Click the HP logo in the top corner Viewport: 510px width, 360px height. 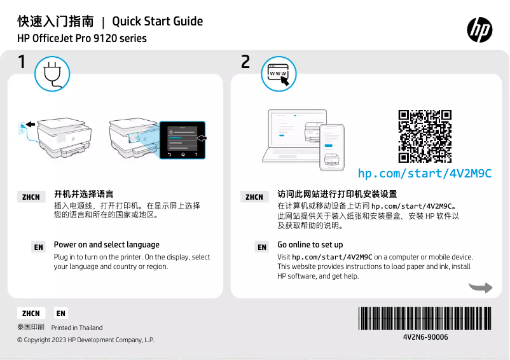(x=479, y=29)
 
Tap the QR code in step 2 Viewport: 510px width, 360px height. (x=425, y=137)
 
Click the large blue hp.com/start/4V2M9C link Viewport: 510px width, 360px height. (x=425, y=174)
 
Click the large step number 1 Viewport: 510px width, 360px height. (x=22, y=62)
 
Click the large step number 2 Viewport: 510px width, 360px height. (x=245, y=62)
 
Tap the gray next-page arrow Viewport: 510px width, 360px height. (x=480, y=287)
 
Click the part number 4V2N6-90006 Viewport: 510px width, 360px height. (x=425, y=337)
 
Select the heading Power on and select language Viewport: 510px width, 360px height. (x=106, y=245)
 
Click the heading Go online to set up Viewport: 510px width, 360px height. (x=310, y=245)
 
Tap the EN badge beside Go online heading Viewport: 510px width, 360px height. (x=262, y=247)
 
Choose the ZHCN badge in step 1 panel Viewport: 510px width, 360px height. (x=31, y=197)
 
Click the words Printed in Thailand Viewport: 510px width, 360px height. (x=77, y=328)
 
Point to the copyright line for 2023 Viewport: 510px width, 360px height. (x=85, y=340)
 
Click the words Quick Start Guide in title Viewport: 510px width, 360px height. (x=157, y=22)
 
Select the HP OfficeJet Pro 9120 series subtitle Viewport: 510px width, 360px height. (x=81, y=39)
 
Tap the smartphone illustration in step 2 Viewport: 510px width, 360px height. (x=331, y=148)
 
